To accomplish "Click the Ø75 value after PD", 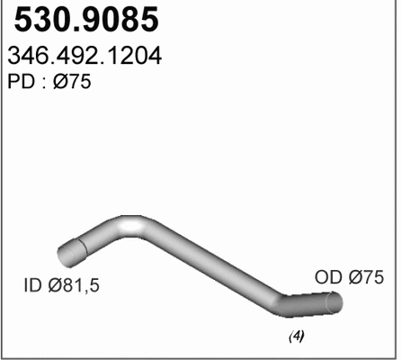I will click(x=72, y=84).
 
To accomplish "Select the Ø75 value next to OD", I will click(x=368, y=278).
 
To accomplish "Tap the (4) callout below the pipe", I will click(x=295, y=337).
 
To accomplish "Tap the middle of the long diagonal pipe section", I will click(x=211, y=263).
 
